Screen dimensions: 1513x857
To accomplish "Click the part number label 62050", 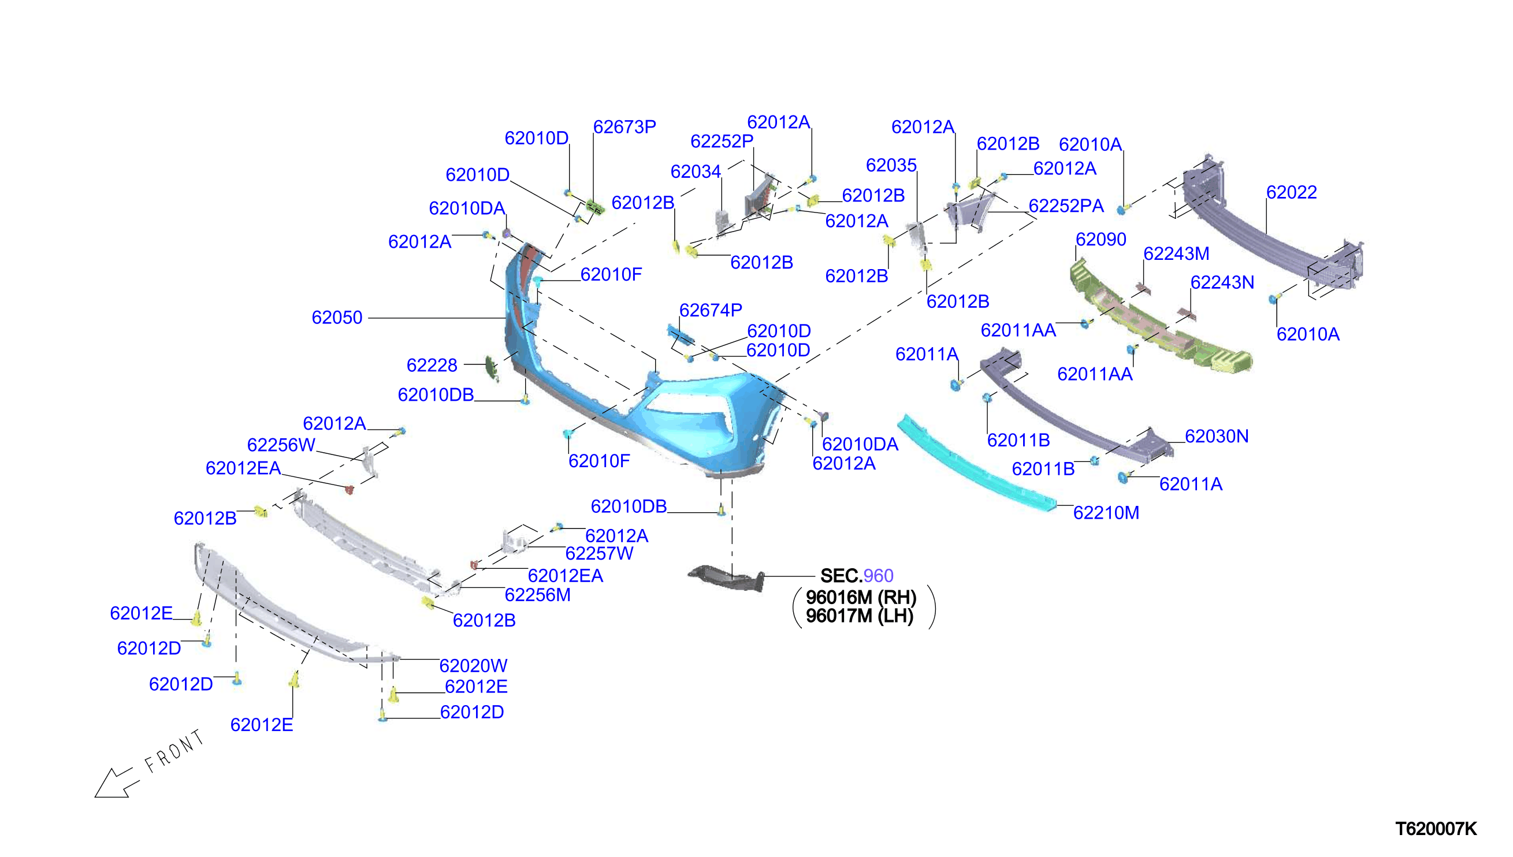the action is click(337, 318).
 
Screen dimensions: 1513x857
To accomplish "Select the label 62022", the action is click(1291, 192).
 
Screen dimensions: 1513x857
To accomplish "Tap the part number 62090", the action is click(1101, 240).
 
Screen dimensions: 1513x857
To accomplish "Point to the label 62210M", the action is click(1106, 513).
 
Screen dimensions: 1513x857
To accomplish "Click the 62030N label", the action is click(1216, 436).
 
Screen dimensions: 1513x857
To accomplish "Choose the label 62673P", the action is click(624, 127).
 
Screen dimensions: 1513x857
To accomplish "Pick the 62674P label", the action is click(711, 310).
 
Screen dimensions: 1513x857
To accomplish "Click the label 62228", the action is click(432, 366).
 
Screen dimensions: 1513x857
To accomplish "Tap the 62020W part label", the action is click(473, 666).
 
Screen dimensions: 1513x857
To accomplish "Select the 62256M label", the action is click(537, 595).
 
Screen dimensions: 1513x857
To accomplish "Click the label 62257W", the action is click(598, 554).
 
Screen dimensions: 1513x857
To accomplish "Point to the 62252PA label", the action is click(1066, 206).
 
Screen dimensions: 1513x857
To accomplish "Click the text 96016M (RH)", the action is click(861, 598).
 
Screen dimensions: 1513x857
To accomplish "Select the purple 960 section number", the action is click(878, 576).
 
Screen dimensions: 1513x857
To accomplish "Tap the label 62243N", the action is click(1222, 282).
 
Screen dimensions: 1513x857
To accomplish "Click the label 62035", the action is click(891, 165).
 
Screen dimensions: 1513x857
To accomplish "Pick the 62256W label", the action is click(281, 445).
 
